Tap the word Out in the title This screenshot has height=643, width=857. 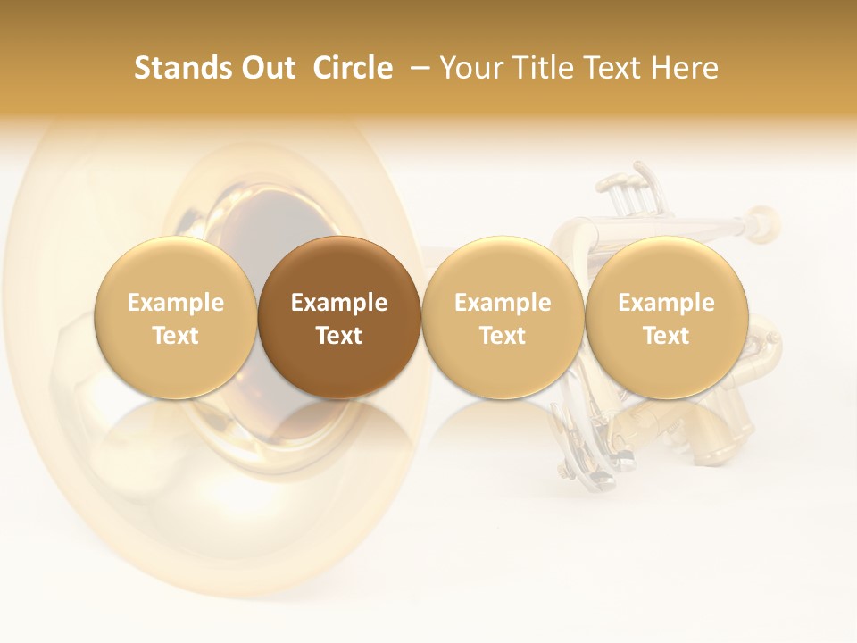click(265, 68)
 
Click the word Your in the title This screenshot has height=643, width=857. click(472, 68)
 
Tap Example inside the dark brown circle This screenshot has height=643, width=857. click(339, 303)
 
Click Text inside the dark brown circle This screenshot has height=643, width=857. click(339, 336)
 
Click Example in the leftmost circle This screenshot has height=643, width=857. click(176, 303)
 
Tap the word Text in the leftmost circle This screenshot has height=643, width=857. click(176, 336)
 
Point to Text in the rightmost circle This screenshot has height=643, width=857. click(667, 336)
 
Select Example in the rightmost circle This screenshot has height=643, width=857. click(667, 303)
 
